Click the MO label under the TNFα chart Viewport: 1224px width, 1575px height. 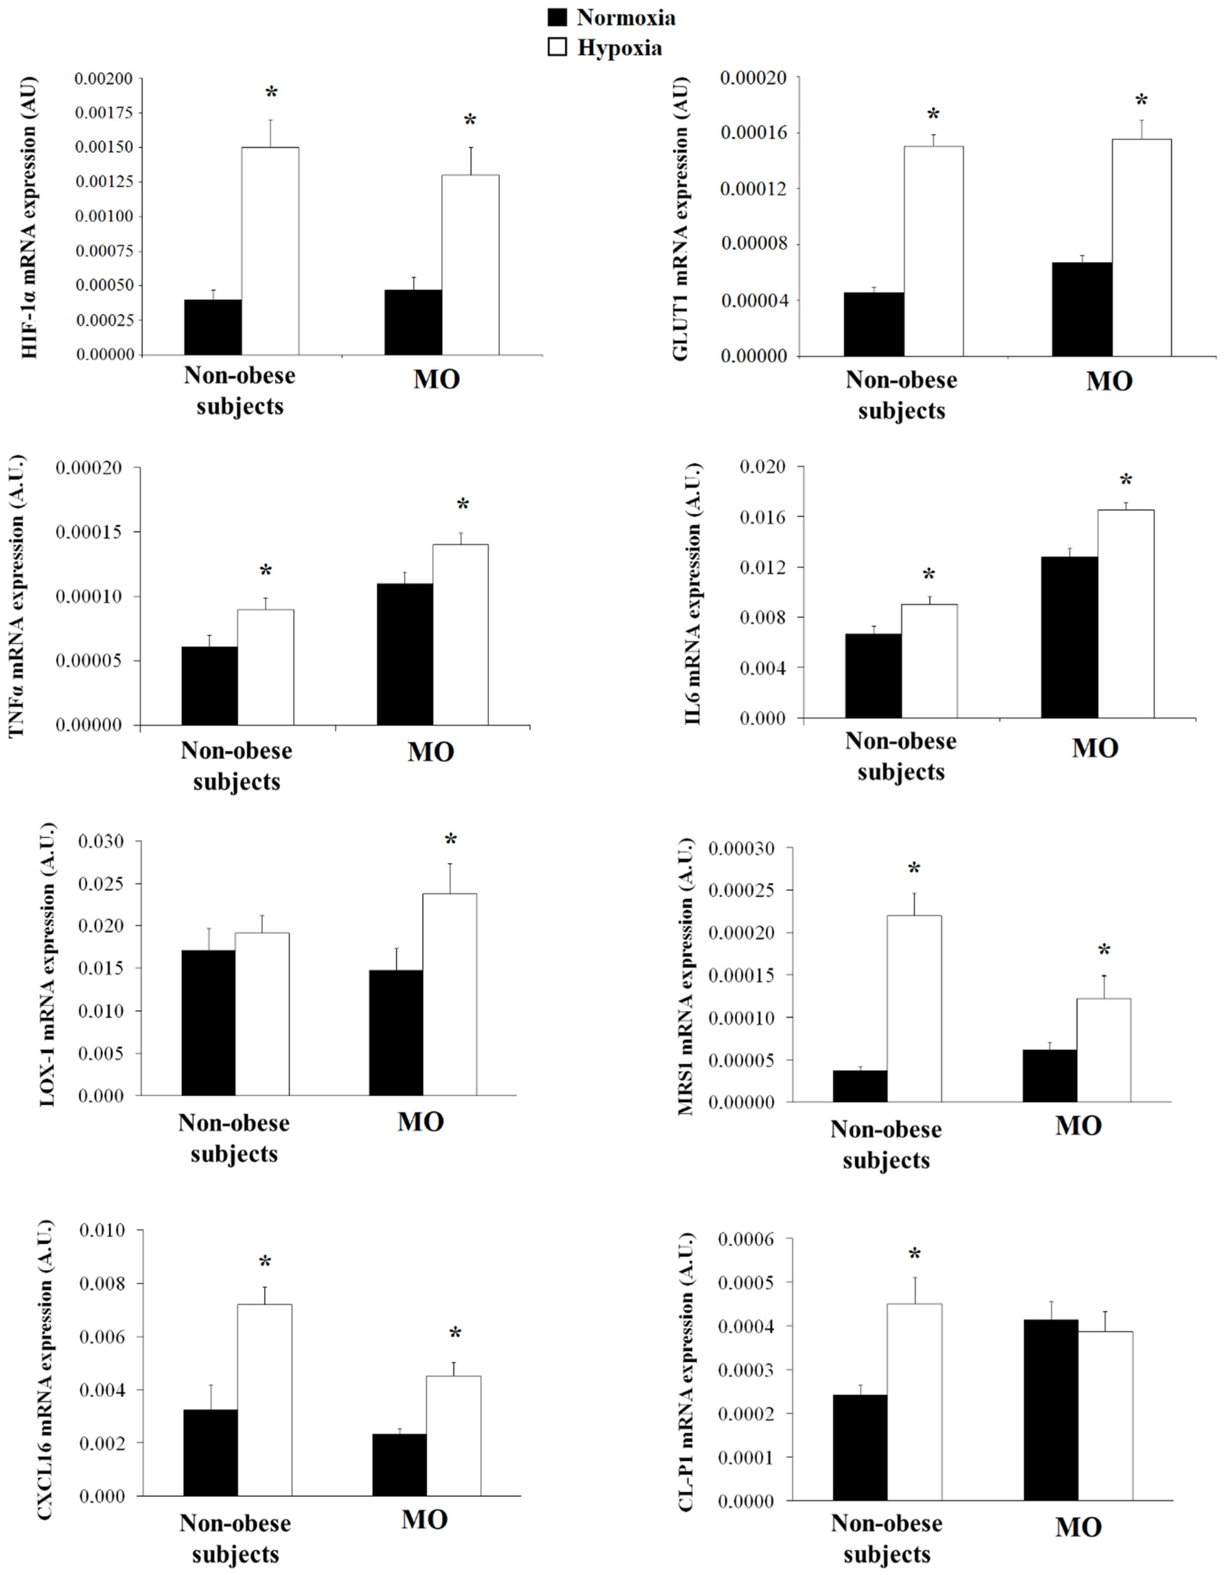coord(431,752)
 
